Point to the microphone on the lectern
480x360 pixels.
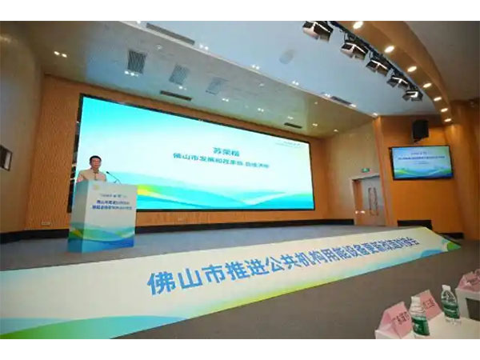point(112,176)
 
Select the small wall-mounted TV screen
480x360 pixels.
point(421,162)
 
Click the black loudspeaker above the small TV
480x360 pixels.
point(420,128)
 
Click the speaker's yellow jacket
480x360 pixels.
point(90,175)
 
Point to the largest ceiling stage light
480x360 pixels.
point(318,30)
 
